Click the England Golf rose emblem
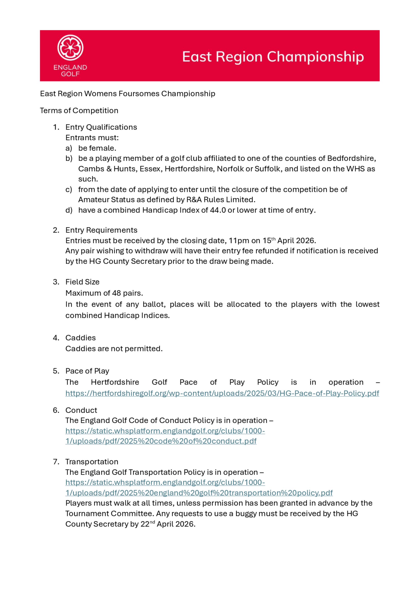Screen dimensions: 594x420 (x=70, y=48)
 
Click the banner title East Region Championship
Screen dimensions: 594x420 (x=273, y=57)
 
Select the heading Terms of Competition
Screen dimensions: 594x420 (x=79, y=110)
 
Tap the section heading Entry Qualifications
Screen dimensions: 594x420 (x=101, y=127)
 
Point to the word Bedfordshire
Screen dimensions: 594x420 (x=351, y=158)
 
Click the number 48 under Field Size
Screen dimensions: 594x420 (x=117, y=293)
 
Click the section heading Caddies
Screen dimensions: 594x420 (x=80, y=338)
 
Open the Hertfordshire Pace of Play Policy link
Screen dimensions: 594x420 (x=222, y=393)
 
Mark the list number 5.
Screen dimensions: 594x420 (x=56, y=371)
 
